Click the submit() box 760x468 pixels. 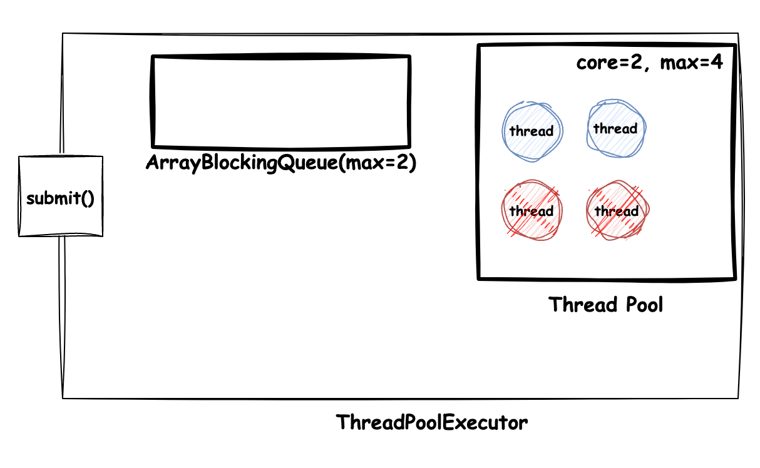[x=61, y=196]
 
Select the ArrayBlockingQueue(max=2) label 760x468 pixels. [x=281, y=163]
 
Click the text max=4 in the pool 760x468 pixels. [x=691, y=63]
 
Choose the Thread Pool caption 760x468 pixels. [x=605, y=305]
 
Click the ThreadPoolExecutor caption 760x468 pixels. [x=431, y=422]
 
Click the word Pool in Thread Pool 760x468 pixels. [x=644, y=305]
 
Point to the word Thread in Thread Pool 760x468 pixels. [x=583, y=305]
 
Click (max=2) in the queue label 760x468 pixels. [x=377, y=163]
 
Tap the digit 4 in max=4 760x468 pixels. [x=717, y=63]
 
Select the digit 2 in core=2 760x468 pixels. [x=636, y=63]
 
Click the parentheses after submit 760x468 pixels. [x=88, y=198]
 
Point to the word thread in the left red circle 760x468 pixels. [x=531, y=211]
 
